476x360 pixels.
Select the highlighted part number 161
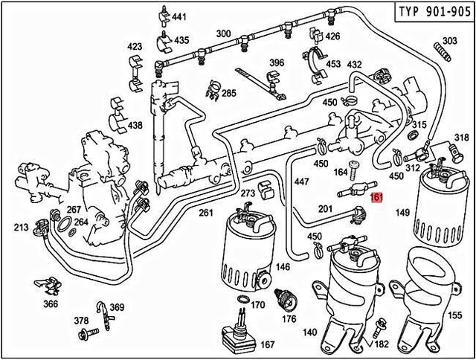tap(376, 198)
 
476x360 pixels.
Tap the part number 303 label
tap(450, 41)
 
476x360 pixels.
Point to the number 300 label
tap(223, 34)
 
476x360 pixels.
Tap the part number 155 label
tap(453, 315)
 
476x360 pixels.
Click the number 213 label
tap(21, 227)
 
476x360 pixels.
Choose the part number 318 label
tap(462, 138)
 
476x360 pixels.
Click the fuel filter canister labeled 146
tap(248, 249)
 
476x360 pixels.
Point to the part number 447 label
tap(302, 181)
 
